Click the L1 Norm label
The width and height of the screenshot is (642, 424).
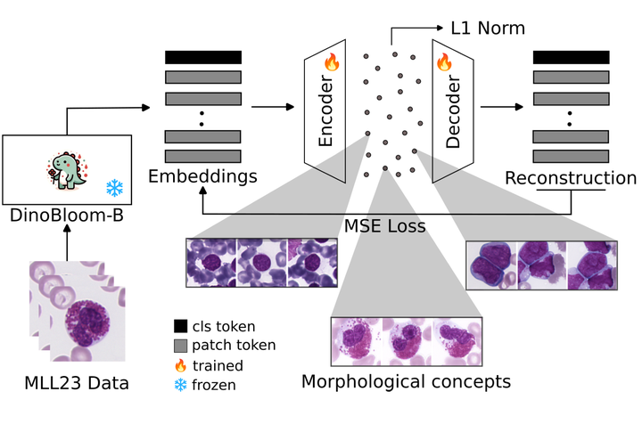pos(488,28)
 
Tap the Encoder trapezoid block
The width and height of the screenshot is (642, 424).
pos(325,111)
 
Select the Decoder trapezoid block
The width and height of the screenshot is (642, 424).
pos(453,111)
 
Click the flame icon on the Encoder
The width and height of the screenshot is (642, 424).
pos(332,61)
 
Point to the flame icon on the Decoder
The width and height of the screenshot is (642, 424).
pos(444,61)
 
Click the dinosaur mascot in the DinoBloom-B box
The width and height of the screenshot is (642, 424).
pos(67,170)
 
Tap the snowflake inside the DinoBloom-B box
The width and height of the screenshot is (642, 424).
pos(115,188)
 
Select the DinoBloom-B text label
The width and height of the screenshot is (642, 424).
pos(67,215)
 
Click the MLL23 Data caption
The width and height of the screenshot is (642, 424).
pos(77,383)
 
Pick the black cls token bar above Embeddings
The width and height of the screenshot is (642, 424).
pos(203,57)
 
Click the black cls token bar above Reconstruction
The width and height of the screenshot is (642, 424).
pos(572,57)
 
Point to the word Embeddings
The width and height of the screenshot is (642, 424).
pos(202,176)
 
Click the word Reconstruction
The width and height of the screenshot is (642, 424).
pos(571,178)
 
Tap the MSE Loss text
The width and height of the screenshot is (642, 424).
pos(385,225)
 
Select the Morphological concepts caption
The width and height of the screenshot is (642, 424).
pos(407,382)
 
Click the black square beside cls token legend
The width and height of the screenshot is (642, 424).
pos(180,326)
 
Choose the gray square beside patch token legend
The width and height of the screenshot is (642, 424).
pos(180,346)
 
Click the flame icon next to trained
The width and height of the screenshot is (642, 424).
pos(180,365)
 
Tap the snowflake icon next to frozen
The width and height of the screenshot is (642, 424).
pos(180,385)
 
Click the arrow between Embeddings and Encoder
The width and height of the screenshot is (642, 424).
pos(273,107)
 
